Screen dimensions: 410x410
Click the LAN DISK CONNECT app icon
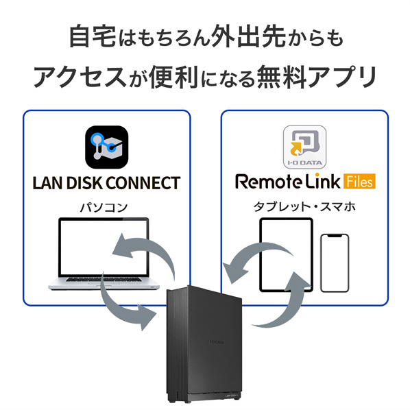pyautogui.click(x=107, y=147)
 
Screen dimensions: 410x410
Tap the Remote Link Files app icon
pyautogui.click(x=305, y=147)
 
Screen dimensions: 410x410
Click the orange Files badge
pyautogui.click(x=359, y=181)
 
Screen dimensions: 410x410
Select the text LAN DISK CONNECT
pyautogui.click(x=106, y=183)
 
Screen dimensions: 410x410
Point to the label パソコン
pyautogui.click(x=104, y=208)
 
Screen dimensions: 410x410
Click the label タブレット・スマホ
pyautogui.click(x=304, y=207)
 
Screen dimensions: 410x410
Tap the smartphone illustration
pyautogui.click(x=335, y=263)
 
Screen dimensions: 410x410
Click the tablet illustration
pyautogui.click(x=286, y=255)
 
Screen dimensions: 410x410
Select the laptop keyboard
pyautogui.click(x=105, y=279)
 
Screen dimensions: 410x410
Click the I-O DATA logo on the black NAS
pyautogui.click(x=217, y=341)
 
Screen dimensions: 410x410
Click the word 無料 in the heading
pyautogui.click(x=283, y=77)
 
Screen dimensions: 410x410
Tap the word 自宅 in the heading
pyautogui.click(x=93, y=36)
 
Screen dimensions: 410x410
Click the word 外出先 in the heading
pyautogui.click(x=248, y=36)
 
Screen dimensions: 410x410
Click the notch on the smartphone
pyautogui.click(x=335, y=236)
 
